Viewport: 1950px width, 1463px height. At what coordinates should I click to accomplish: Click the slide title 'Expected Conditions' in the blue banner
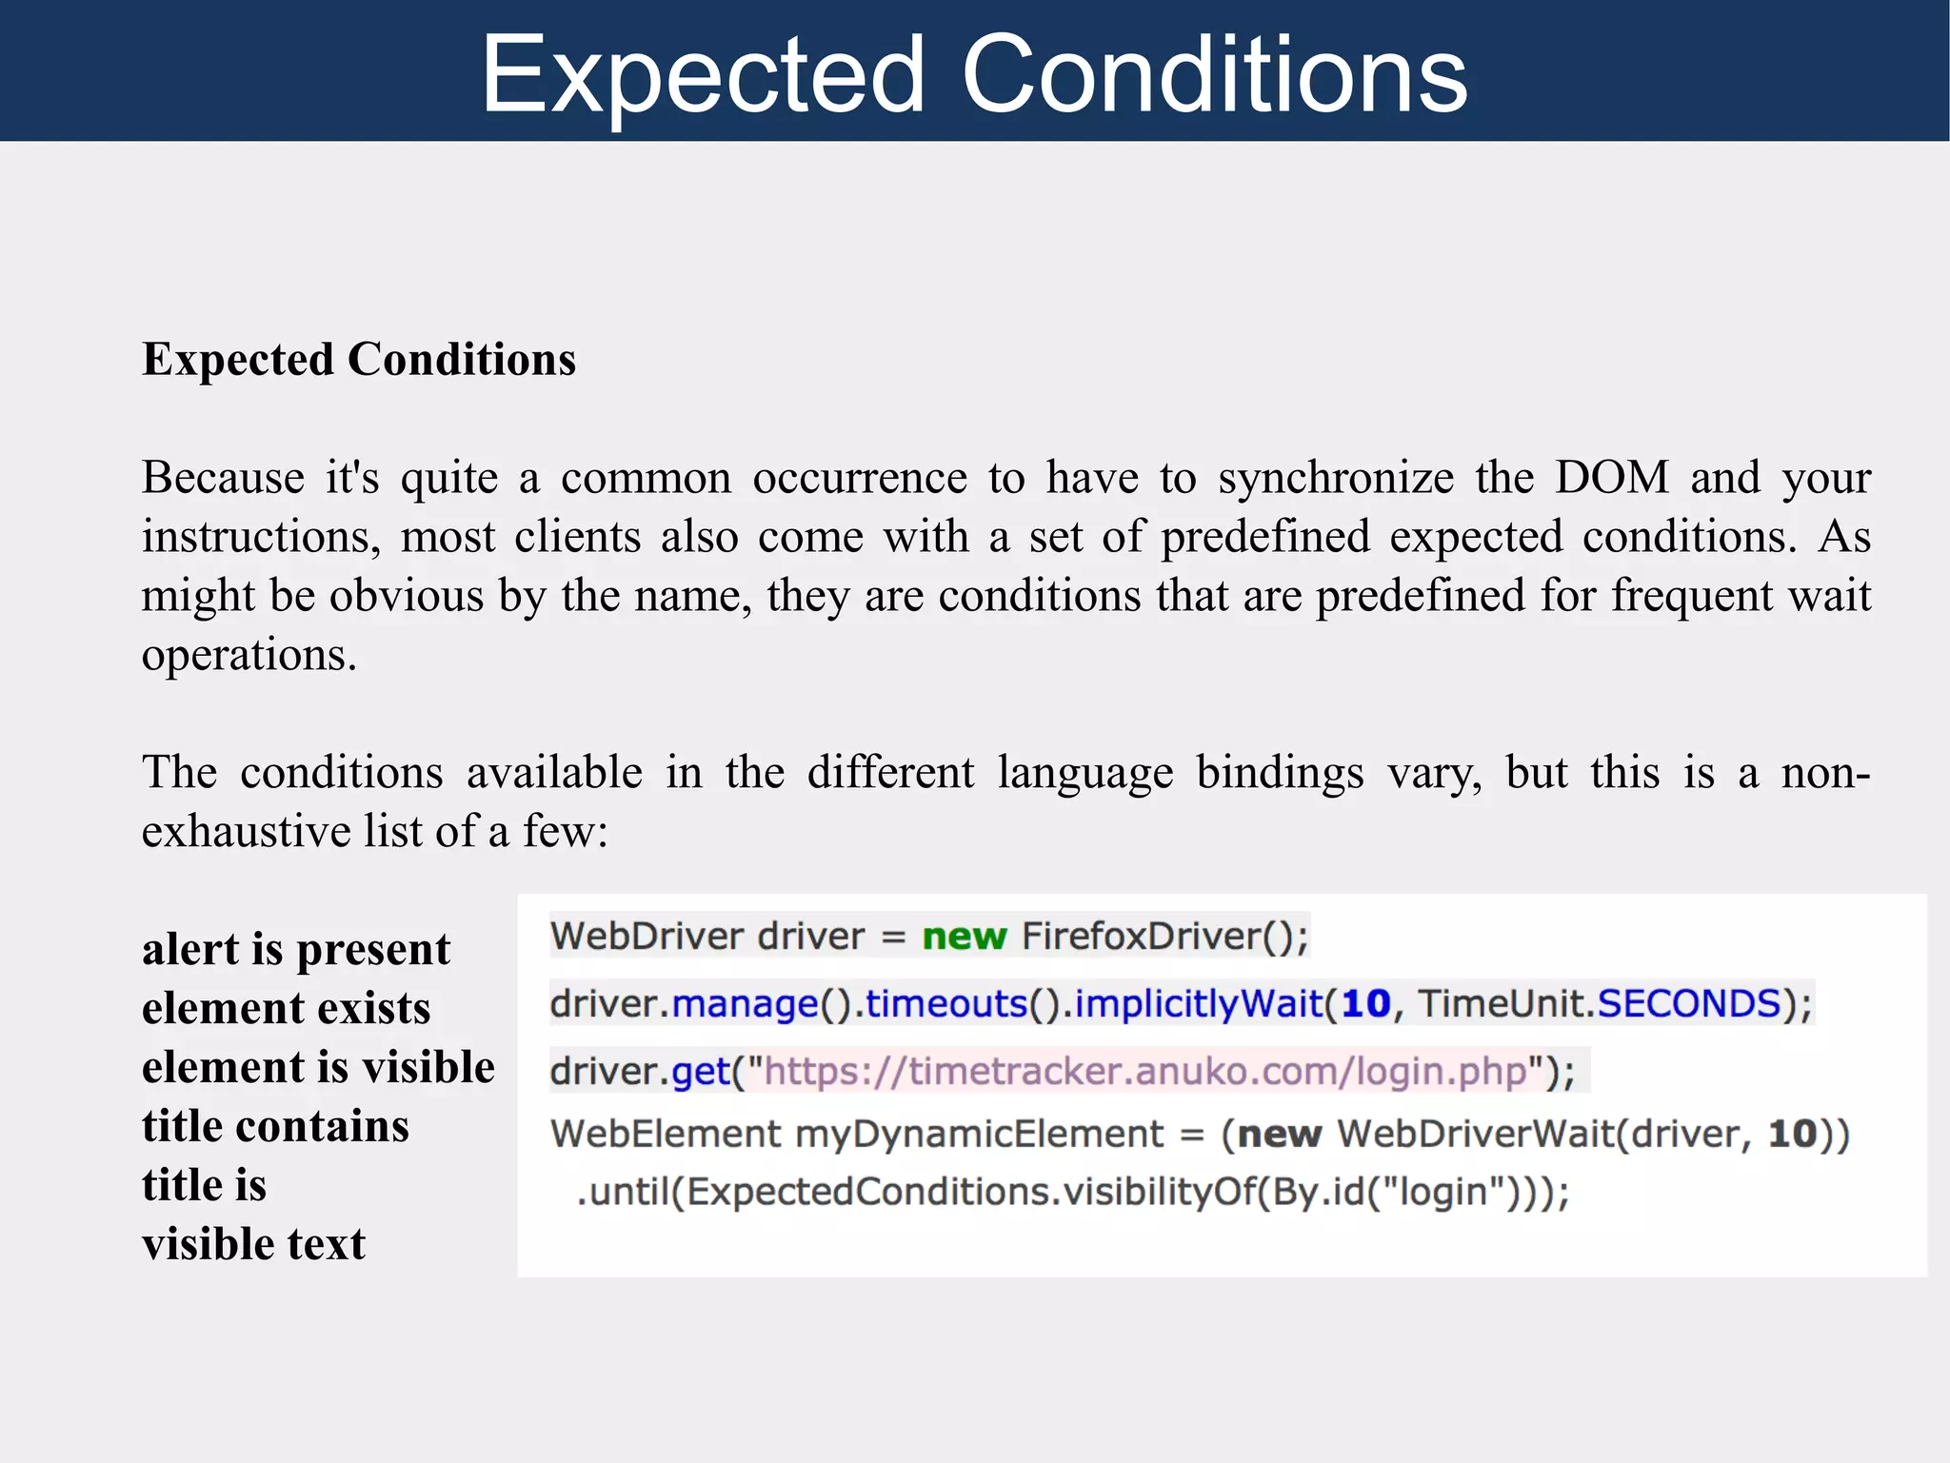[x=974, y=74]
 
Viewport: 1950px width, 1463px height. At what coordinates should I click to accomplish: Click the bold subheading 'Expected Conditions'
[x=359, y=360]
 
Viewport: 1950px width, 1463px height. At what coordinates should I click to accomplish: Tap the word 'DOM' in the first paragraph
[x=1611, y=477]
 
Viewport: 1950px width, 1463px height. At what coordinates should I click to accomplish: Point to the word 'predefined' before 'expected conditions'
[x=1265, y=537]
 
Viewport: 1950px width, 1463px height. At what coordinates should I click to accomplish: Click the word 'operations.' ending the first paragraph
[x=249, y=655]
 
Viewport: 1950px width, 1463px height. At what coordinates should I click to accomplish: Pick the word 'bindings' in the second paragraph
[x=1280, y=772]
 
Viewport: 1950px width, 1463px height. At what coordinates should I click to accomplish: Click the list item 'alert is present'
[x=296, y=949]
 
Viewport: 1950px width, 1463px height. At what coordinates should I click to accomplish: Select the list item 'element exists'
[x=286, y=1008]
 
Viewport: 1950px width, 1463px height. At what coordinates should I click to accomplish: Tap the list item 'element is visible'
[x=318, y=1067]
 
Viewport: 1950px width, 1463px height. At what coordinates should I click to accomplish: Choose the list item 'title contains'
[x=275, y=1126]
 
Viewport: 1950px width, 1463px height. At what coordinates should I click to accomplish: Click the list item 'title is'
[x=204, y=1185]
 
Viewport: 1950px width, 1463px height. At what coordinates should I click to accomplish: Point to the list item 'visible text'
[x=253, y=1244]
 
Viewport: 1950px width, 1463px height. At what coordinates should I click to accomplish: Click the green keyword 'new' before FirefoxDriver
[x=964, y=937]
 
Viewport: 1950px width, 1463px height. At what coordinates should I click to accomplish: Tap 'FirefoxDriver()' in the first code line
[x=1164, y=937]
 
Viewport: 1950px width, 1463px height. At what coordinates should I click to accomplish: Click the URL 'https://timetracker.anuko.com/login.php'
[x=1145, y=1072]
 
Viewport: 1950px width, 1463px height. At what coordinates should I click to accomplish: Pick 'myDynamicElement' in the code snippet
[x=980, y=1135]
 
